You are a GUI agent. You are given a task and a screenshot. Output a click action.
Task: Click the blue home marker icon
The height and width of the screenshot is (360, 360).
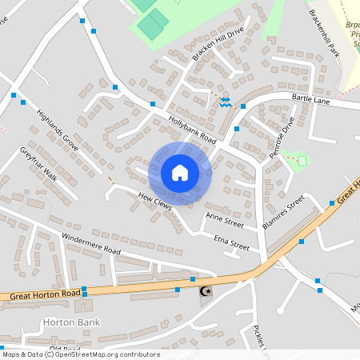tap(179, 172)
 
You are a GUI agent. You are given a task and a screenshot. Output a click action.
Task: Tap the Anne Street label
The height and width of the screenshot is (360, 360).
tap(224, 217)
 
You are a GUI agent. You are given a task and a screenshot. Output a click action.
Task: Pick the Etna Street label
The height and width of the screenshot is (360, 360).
tap(232, 242)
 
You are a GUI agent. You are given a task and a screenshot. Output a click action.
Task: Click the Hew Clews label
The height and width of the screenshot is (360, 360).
tap(154, 199)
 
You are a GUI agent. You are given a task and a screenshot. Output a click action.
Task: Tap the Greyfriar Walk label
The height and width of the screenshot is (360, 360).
tap(38, 163)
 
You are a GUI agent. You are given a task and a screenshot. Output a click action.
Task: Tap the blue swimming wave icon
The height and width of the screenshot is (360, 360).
tap(226, 102)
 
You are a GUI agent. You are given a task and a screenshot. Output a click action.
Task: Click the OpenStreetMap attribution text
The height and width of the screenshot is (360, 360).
tap(80, 354)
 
